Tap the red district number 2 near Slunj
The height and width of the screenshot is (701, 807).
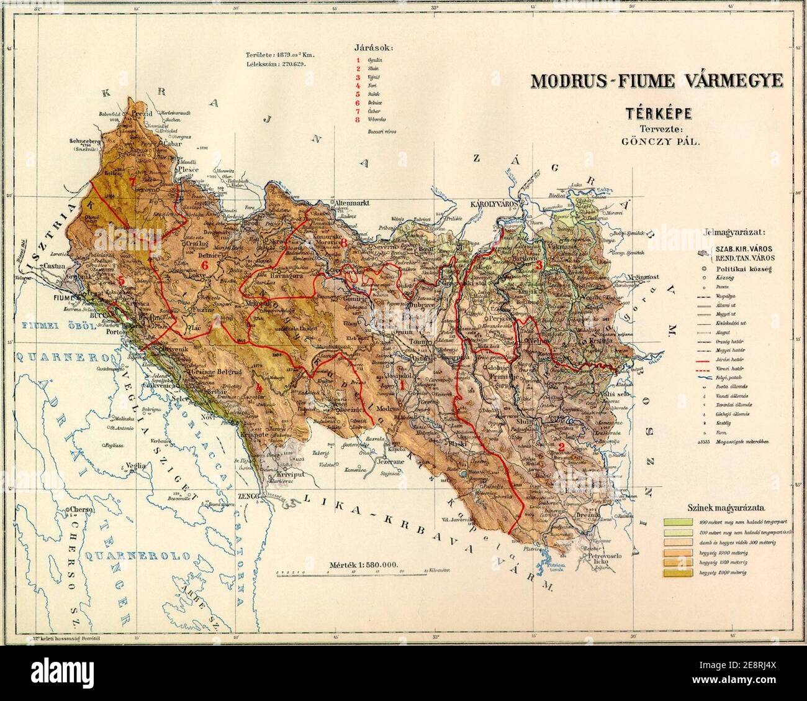coord(561,447)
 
